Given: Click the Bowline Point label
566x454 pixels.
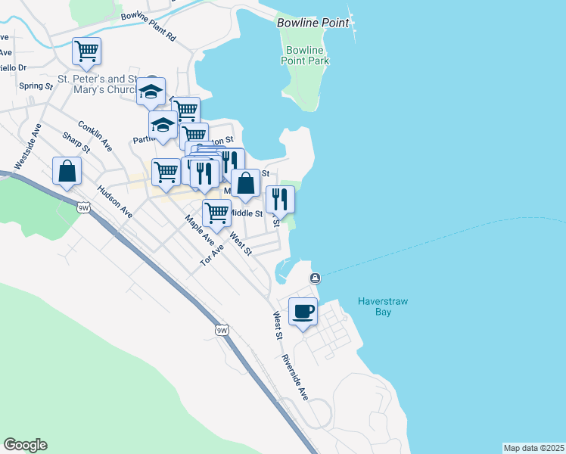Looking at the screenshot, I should [x=313, y=23].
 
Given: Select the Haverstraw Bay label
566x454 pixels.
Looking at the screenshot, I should [x=383, y=306].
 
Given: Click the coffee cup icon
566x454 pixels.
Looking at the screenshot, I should [x=303, y=311].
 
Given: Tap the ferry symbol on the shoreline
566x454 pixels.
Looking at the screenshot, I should [x=315, y=278].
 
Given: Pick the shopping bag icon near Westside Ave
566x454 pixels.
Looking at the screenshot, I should [x=67, y=171].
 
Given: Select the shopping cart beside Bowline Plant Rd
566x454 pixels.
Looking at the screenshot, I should [x=86, y=51].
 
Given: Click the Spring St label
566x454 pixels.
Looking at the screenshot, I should [x=36, y=86].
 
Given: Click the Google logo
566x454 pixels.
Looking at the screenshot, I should [x=25, y=445].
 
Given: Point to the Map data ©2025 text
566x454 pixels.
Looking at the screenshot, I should [x=533, y=448].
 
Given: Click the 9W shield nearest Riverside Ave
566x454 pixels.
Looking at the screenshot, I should [x=222, y=331].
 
